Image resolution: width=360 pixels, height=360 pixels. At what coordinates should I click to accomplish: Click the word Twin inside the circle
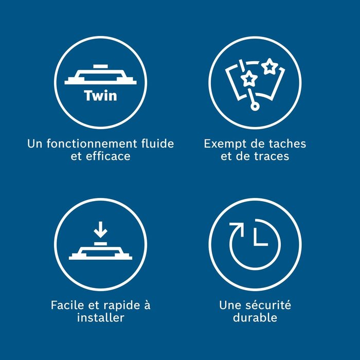pyautogui.click(x=101, y=96)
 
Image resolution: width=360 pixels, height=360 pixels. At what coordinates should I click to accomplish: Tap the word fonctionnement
pyautogui.click(x=92, y=143)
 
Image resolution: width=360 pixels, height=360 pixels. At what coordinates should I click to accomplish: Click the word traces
pyautogui.click(x=272, y=156)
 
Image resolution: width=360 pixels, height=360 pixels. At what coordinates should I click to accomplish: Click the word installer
pyautogui.click(x=101, y=318)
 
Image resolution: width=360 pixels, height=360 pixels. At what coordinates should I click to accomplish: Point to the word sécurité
pyautogui.click(x=268, y=305)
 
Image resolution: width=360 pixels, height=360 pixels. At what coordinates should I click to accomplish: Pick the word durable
pyautogui.click(x=255, y=318)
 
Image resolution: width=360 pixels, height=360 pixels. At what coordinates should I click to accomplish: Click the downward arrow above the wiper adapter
pyautogui.click(x=100, y=229)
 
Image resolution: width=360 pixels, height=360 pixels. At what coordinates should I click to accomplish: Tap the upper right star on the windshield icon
pyautogui.click(x=269, y=66)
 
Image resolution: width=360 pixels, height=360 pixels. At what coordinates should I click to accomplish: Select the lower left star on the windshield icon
pyautogui.click(x=249, y=79)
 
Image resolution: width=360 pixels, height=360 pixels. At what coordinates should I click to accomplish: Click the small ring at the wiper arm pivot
pyautogui.click(x=254, y=106)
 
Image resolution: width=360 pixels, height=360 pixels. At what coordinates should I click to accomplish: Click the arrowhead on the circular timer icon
pyautogui.click(x=238, y=228)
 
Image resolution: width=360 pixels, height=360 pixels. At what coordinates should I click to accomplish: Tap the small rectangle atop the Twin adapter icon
pyautogui.click(x=100, y=66)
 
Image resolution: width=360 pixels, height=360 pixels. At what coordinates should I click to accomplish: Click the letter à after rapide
pyautogui.click(x=147, y=305)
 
